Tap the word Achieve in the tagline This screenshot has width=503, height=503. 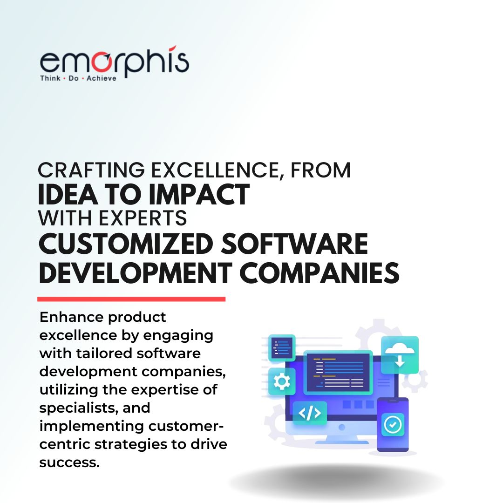(x=102, y=78)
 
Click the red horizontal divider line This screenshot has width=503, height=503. (x=131, y=299)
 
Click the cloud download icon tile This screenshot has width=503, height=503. (x=400, y=354)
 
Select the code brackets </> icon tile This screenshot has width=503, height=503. (x=310, y=413)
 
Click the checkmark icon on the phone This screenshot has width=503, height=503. (x=393, y=425)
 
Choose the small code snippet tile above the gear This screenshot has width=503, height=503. (x=282, y=347)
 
